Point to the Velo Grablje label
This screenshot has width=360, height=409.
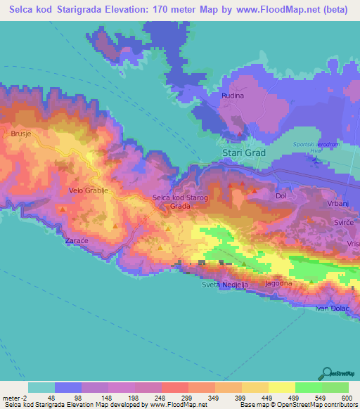[86, 190]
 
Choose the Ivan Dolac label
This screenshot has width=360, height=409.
[332, 309]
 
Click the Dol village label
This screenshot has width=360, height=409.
[281, 196]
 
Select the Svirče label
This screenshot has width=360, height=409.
[343, 221]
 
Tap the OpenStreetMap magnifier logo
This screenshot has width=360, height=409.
[326, 373]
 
